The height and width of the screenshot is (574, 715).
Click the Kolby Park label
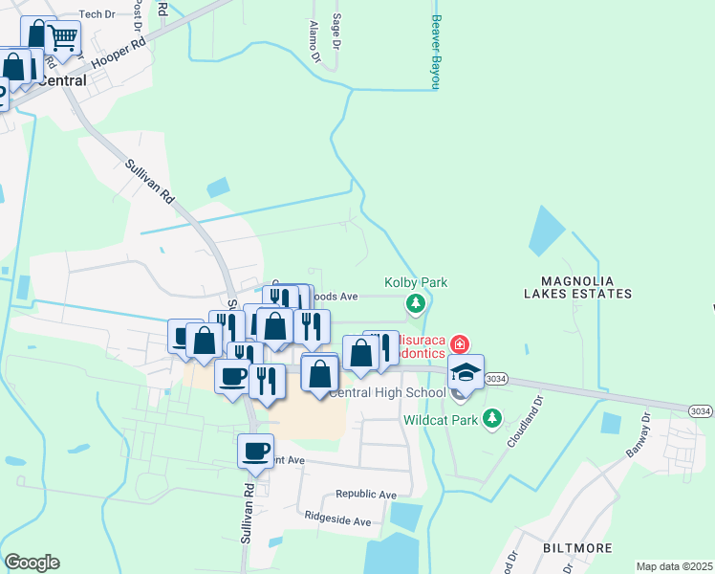[x=416, y=283]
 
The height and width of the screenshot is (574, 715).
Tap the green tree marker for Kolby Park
[x=415, y=305]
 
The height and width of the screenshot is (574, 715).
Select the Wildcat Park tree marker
[x=491, y=418]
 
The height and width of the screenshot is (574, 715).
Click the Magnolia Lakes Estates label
[x=577, y=286]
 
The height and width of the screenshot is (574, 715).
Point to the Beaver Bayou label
[x=435, y=53]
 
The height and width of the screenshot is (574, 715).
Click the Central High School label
[x=387, y=393]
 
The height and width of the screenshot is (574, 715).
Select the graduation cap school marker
[x=466, y=371]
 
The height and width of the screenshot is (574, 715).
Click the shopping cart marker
[x=62, y=38]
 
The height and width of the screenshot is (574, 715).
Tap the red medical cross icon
[x=460, y=343]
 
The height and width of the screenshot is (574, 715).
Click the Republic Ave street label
[x=365, y=495]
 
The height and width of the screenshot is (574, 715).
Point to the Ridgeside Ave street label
[x=337, y=522]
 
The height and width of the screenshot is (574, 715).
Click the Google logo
[x=32, y=563]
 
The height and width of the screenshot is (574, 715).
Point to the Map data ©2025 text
[x=673, y=566]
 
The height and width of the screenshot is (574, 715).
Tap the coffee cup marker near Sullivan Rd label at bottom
[x=255, y=451]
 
